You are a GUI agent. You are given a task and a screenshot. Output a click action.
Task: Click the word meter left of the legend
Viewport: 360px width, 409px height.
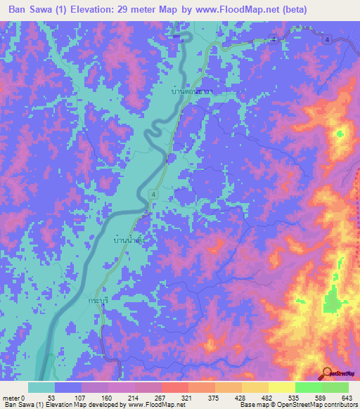(11, 398)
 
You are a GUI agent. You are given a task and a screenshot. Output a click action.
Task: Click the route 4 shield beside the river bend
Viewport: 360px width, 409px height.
(153, 193)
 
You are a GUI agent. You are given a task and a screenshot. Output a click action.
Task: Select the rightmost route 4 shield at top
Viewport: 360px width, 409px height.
(328, 40)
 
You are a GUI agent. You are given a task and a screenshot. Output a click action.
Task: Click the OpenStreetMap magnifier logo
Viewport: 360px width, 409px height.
(328, 374)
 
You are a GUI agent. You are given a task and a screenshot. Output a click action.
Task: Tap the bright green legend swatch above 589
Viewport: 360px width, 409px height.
(308, 387)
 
